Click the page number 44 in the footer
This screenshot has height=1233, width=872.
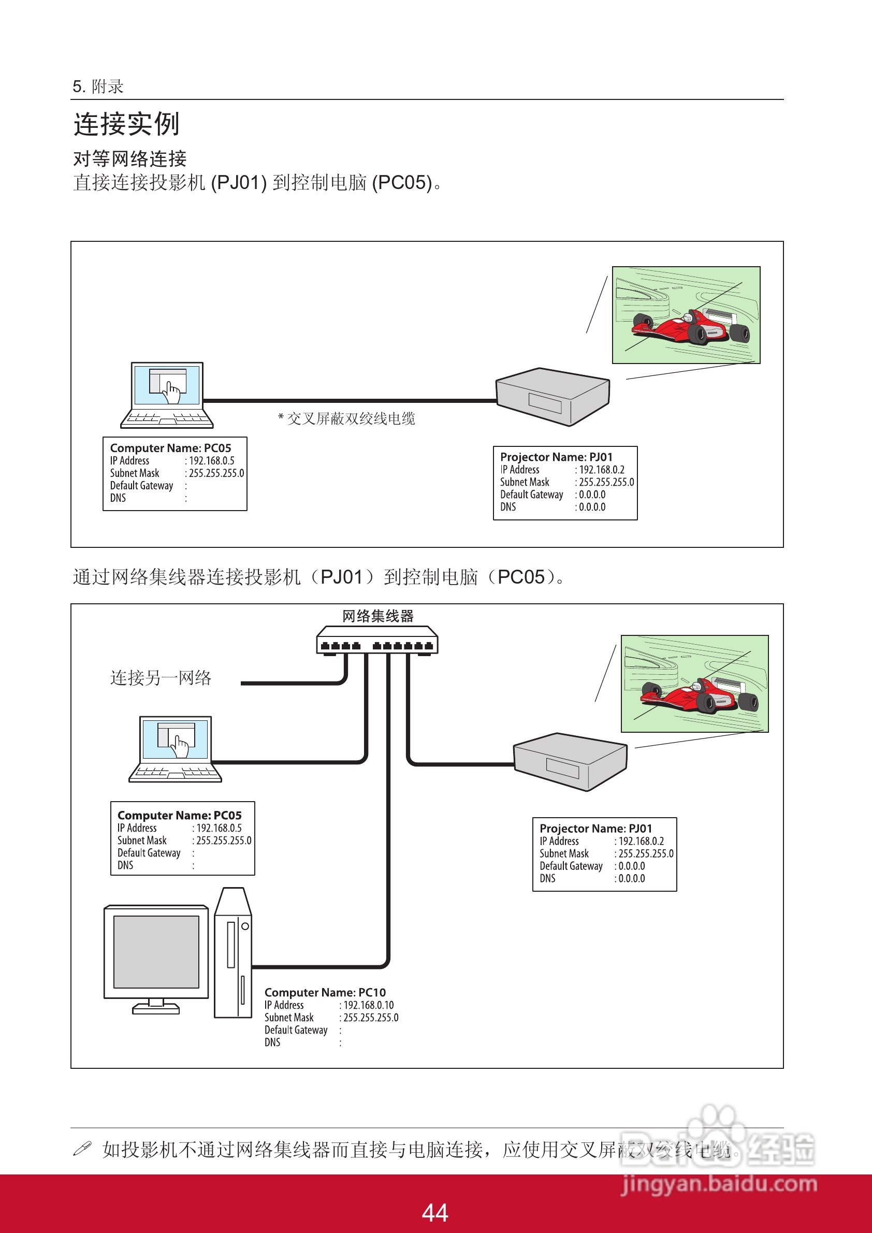(x=435, y=1213)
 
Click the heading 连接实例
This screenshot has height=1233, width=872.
(x=127, y=124)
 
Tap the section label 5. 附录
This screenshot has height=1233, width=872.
(x=98, y=86)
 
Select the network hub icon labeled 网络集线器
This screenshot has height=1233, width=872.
(x=377, y=640)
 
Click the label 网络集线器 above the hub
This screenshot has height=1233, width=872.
(x=378, y=616)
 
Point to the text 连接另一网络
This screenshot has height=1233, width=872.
(x=161, y=678)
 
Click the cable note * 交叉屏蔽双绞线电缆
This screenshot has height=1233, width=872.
(x=346, y=418)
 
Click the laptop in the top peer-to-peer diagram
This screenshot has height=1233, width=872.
(x=167, y=395)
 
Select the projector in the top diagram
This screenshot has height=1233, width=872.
(x=553, y=396)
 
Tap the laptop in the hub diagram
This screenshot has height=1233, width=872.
(x=175, y=749)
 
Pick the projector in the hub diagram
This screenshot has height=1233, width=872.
(x=570, y=761)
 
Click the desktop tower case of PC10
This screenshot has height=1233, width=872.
(x=233, y=953)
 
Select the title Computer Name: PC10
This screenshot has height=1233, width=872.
(x=325, y=992)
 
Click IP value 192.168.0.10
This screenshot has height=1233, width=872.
(x=368, y=1005)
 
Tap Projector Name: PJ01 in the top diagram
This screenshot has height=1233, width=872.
(x=556, y=457)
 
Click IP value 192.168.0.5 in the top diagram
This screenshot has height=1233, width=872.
(x=212, y=461)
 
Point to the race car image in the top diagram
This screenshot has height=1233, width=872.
(x=686, y=315)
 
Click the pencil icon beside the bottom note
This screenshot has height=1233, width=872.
(x=82, y=1149)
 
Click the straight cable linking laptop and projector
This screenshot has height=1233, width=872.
(x=349, y=401)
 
